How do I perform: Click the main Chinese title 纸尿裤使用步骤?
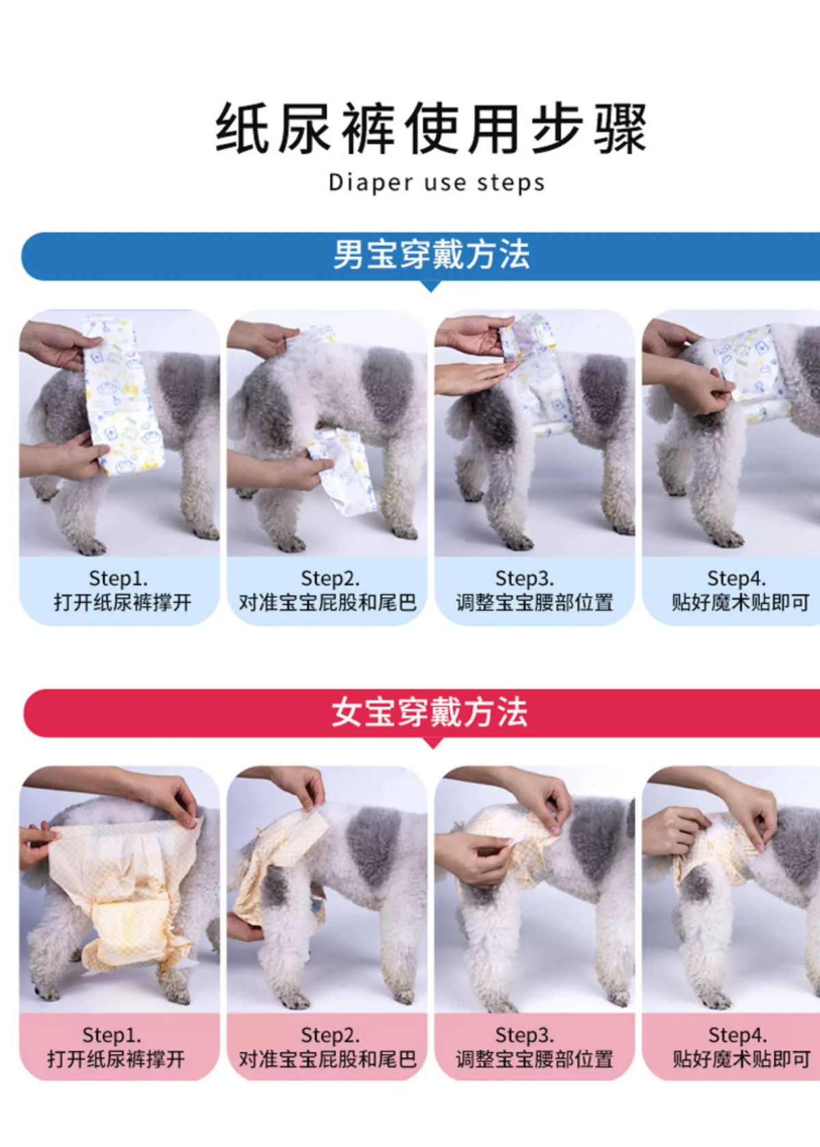[x=430, y=128]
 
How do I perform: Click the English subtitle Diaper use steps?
[x=437, y=183]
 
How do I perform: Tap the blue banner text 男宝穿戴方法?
[x=431, y=255]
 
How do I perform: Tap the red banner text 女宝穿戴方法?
[x=429, y=712]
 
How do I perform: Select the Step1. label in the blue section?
[x=118, y=579]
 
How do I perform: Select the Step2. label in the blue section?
[x=330, y=579]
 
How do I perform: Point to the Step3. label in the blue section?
[x=524, y=579]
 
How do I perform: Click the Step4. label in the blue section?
[x=737, y=579]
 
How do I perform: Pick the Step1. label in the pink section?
[x=112, y=1035]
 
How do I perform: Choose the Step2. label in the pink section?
[x=330, y=1035]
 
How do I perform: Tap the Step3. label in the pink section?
[x=524, y=1035]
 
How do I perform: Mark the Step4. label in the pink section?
[x=737, y=1035]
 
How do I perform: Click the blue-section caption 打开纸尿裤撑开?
[x=122, y=603]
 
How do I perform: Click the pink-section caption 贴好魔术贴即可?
[x=741, y=1060]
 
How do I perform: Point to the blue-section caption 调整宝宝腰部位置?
[x=534, y=603]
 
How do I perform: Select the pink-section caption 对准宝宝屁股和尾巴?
[x=327, y=1060]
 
